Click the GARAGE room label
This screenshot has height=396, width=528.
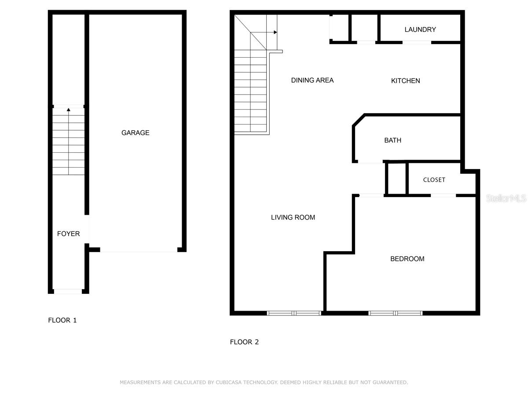click(x=136, y=132)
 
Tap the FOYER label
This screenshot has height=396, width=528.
click(x=69, y=234)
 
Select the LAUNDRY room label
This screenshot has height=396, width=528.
click(x=420, y=29)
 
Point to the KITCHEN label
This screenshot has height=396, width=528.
click(x=406, y=81)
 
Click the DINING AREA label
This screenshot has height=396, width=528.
click(x=312, y=80)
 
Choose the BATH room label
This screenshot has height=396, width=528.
click(x=393, y=140)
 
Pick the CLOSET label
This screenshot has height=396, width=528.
click(x=434, y=180)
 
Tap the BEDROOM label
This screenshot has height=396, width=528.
click(x=407, y=259)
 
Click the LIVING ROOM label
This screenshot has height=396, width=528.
click(x=293, y=217)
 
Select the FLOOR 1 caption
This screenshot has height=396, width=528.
click(x=62, y=320)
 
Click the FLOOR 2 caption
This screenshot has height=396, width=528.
click(x=244, y=342)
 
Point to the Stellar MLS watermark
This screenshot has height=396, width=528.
click(x=506, y=198)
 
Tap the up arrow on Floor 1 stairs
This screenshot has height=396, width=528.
click(x=68, y=109)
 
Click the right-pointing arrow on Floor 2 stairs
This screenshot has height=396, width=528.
click(x=275, y=32)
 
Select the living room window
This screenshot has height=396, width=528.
click(x=294, y=313)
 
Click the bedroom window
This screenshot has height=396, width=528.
click(x=395, y=313)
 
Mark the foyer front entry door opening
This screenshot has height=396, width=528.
click(x=68, y=291)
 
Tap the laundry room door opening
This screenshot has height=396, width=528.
click(x=417, y=42)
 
